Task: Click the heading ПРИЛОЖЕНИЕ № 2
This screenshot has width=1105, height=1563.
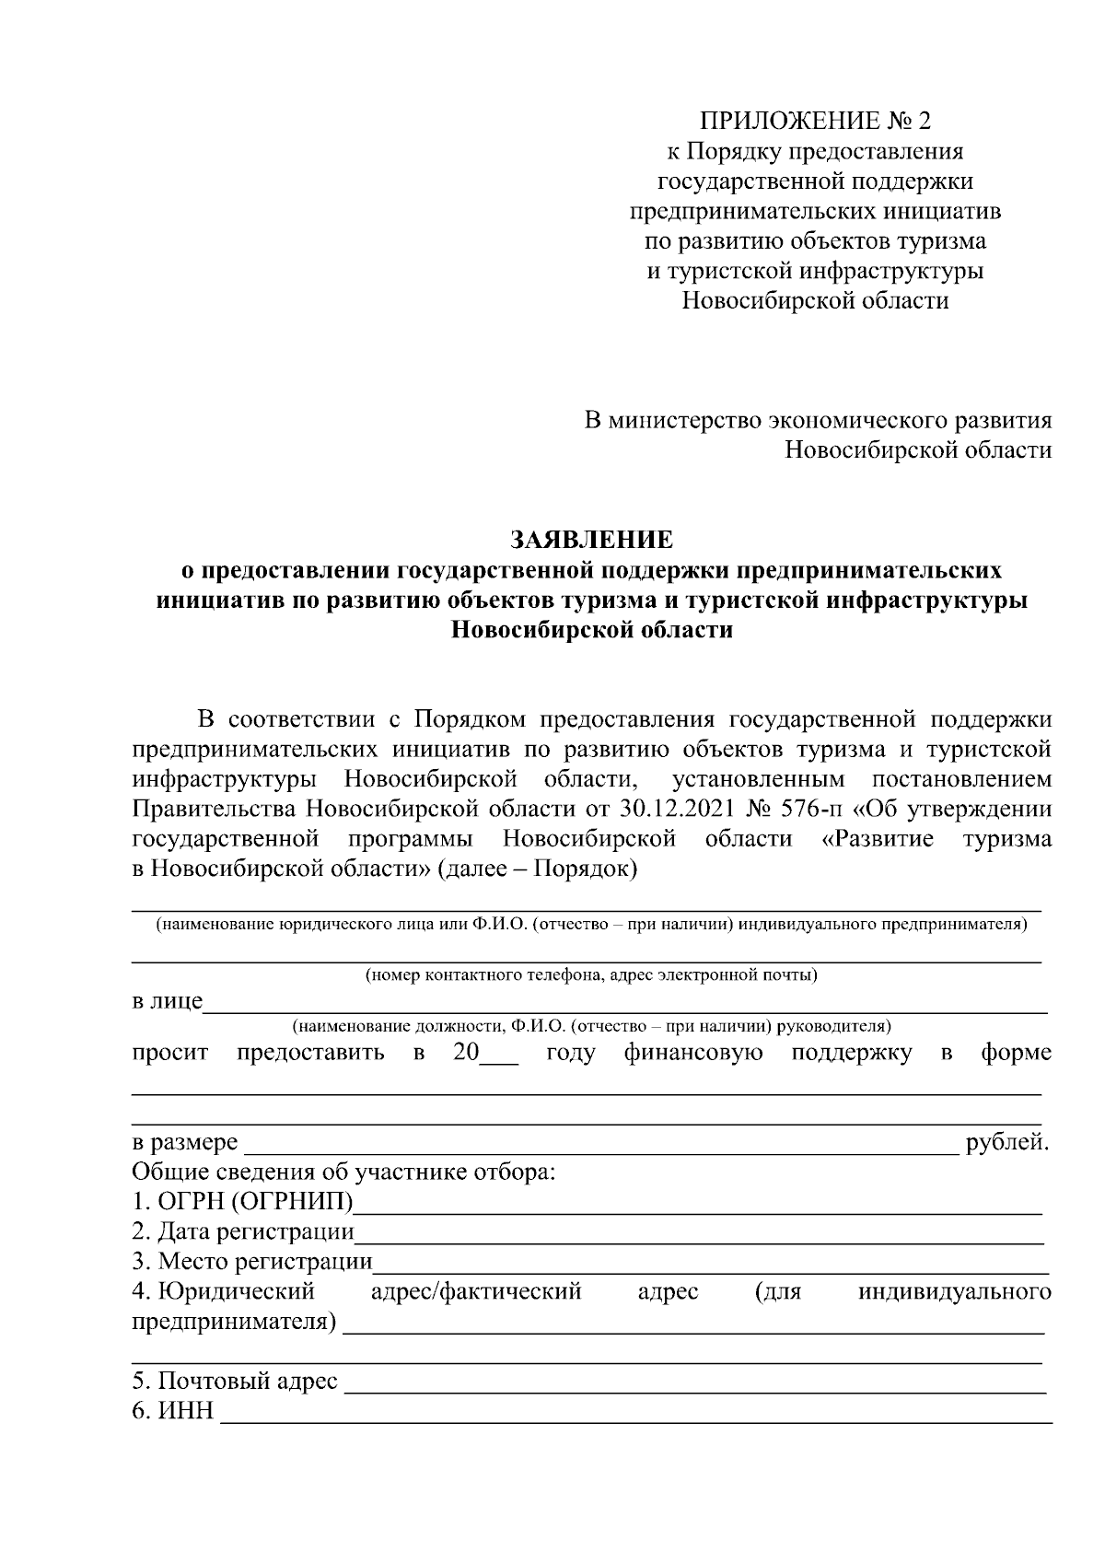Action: coord(815,122)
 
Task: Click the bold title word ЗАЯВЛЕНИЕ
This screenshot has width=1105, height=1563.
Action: coord(591,539)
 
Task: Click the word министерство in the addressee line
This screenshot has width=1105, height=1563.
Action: coord(684,421)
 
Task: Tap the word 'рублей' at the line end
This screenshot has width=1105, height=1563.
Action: coord(1006,1144)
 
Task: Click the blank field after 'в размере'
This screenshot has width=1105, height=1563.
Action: coord(599,1146)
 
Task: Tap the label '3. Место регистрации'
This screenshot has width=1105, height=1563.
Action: coord(252,1262)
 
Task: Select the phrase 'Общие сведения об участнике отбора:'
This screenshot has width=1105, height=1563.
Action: coord(344,1173)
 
